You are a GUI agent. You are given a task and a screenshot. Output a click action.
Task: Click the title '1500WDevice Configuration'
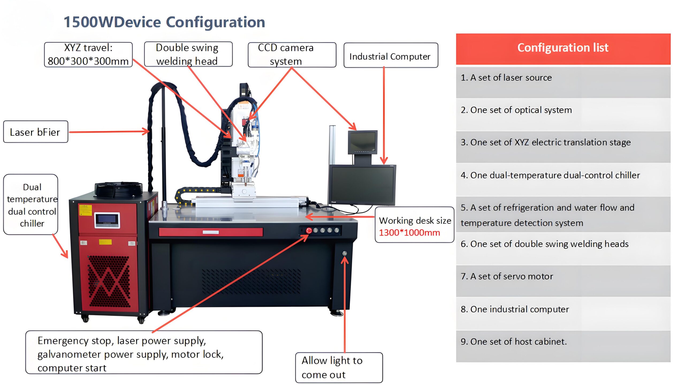pyautogui.click(x=164, y=22)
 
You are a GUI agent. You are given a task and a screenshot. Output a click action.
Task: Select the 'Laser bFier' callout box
pyautogui.click(x=36, y=132)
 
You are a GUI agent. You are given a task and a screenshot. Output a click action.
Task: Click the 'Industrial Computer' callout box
pyautogui.click(x=391, y=55)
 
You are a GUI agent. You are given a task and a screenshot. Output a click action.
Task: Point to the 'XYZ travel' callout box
pyautogui.click(x=88, y=55)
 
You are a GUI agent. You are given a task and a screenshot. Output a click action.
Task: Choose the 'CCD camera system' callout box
pyautogui.click(x=292, y=55)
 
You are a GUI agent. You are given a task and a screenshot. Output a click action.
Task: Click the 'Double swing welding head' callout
pyautogui.click(x=188, y=54)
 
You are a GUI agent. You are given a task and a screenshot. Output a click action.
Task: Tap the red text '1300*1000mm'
pyautogui.click(x=409, y=232)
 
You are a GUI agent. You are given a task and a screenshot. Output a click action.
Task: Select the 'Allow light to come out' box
pyautogui.click(x=339, y=368)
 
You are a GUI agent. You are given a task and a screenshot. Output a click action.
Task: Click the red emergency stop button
pyautogui.click(x=309, y=231)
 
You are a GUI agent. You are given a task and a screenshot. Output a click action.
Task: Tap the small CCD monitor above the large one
pyautogui.click(x=363, y=142)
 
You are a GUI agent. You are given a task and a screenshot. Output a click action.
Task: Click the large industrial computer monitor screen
pyautogui.click(x=361, y=185)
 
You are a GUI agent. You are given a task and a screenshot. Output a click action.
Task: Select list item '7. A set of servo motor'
pyautogui.click(x=507, y=276)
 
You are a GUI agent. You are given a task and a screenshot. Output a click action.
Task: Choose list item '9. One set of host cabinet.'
pyautogui.click(x=514, y=342)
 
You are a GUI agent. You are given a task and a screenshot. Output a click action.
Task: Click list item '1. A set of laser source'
pyautogui.click(x=506, y=78)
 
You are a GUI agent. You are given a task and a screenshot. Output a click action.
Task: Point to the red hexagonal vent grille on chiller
pyautogui.click(x=109, y=281)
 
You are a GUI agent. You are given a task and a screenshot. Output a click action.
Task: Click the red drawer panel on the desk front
pyautogui.click(x=211, y=232)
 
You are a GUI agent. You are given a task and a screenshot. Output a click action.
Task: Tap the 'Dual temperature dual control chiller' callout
pyautogui.click(x=31, y=205)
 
